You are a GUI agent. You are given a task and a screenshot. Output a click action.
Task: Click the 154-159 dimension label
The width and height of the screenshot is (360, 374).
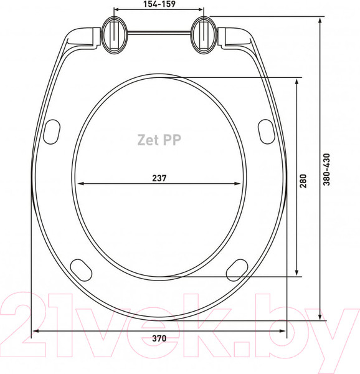(159, 4)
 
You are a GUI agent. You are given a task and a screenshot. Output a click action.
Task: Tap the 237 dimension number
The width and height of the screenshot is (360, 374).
(159, 178)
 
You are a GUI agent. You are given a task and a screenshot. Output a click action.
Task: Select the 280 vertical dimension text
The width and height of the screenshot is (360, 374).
(303, 181)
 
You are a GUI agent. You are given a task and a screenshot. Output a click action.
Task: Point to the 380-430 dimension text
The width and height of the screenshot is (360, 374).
(326, 170)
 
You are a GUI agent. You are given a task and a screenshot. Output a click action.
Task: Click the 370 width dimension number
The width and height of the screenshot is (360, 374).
(159, 338)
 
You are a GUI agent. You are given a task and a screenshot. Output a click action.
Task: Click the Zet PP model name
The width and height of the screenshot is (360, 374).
(159, 140)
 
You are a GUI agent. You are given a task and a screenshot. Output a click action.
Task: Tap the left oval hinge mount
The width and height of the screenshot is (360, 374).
(114, 35)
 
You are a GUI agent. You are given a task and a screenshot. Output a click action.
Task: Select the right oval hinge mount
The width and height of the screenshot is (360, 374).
(204, 35)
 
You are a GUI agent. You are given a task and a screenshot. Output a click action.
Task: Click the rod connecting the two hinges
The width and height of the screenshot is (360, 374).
(159, 32)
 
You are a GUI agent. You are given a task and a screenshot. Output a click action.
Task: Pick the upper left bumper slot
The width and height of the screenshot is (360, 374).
(52, 132)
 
